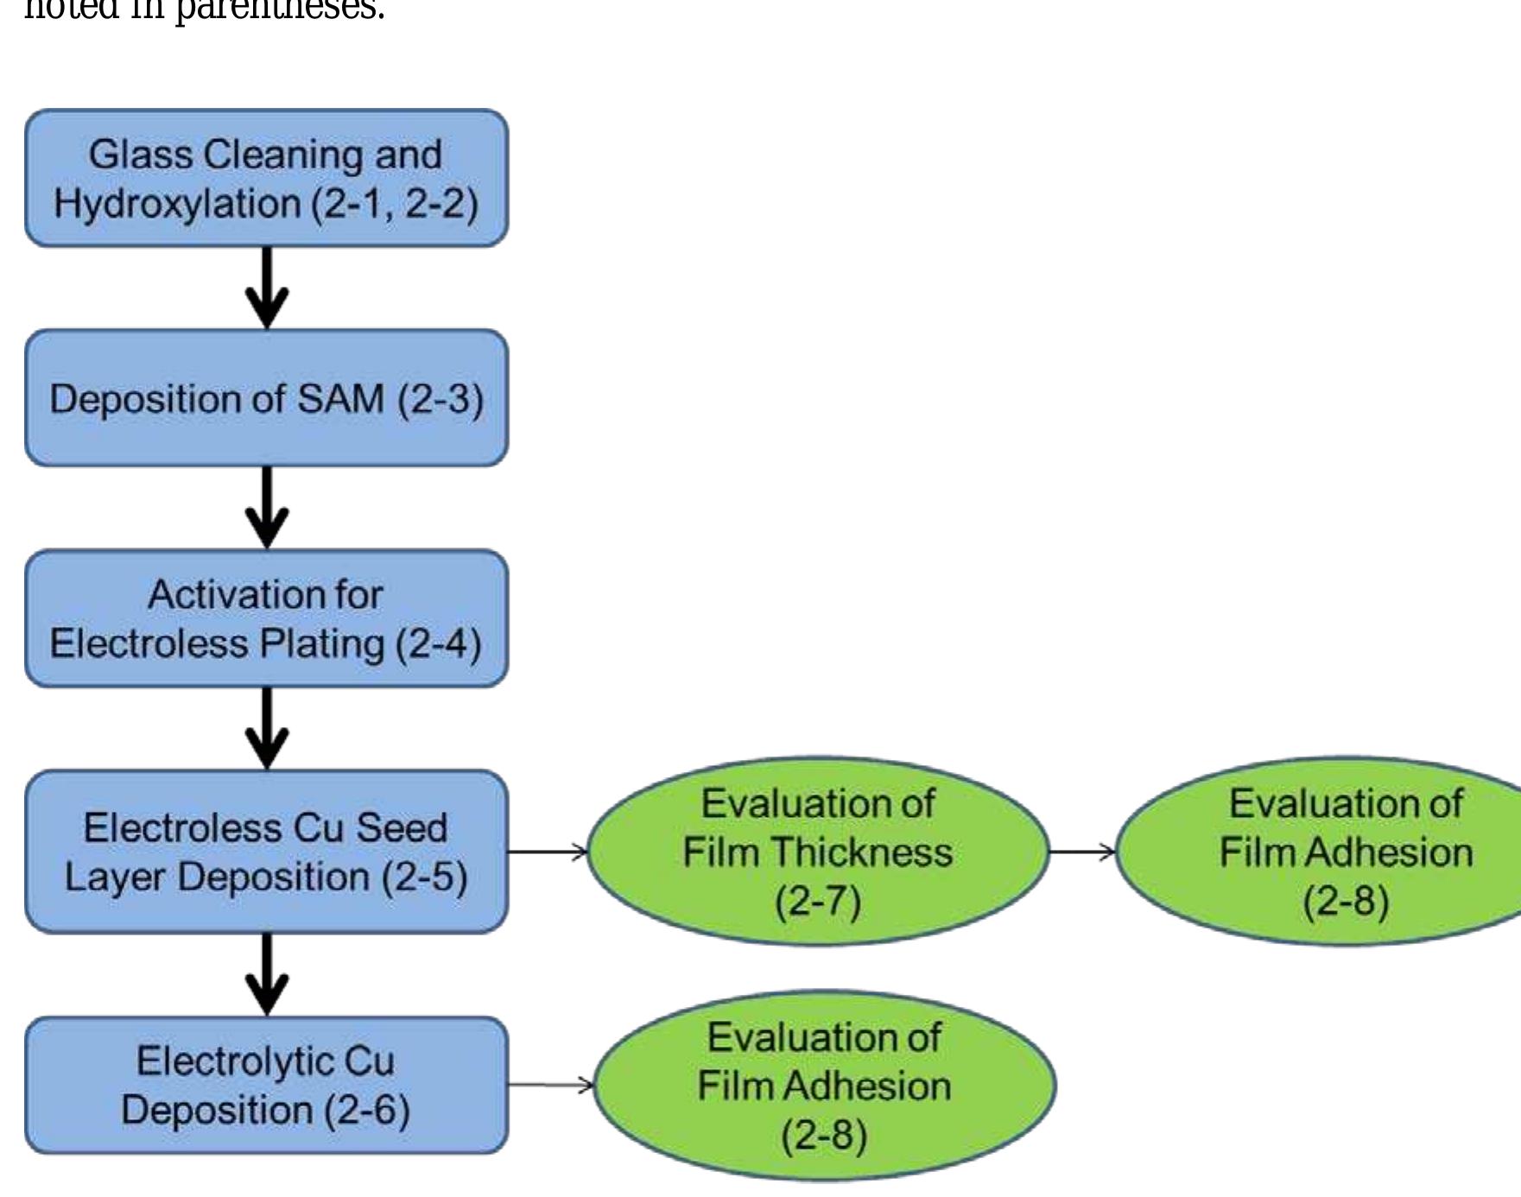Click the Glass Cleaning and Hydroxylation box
(x=266, y=178)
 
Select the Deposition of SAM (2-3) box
(x=266, y=398)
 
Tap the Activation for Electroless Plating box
(x=266, y=618)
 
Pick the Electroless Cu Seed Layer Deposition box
(x=266, y=852)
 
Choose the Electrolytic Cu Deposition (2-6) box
(x=266, y=1085)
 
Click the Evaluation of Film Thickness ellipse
(x=818, y=852)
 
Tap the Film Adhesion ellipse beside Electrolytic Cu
(x=824, y=1086)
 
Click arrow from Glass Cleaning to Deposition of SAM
(x=267, y=288)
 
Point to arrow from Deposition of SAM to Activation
(x=267, y=508)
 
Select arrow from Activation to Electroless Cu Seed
(x=267, y=728)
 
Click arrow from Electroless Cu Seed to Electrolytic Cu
(x=267, y=974)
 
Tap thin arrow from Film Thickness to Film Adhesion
(x=1081, y=852)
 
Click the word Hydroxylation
(x=177, y=204)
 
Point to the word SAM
(x=340, y=399)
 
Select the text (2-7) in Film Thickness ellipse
(x=818, y=902)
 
